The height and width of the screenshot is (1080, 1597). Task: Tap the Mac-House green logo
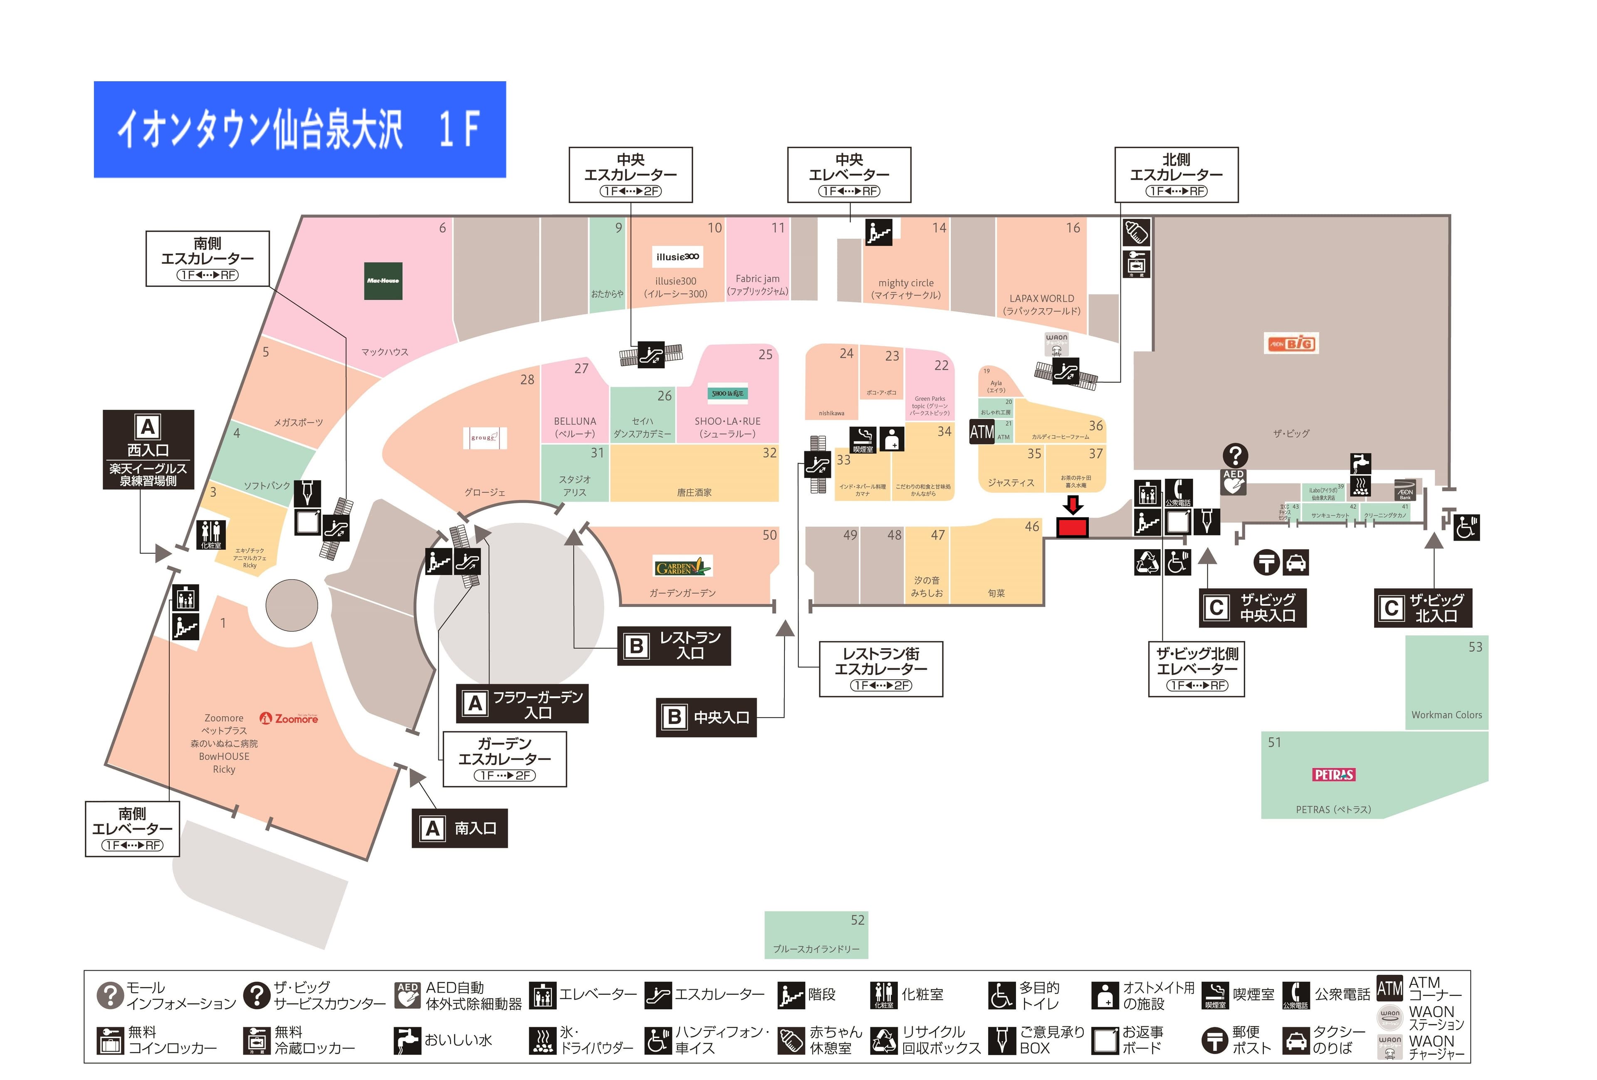point(383,280)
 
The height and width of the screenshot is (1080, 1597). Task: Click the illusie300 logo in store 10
point(677,257)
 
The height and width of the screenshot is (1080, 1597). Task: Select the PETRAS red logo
point(1333,775)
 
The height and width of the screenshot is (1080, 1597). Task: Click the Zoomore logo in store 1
point(289,718)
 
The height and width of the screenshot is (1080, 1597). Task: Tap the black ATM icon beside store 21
point(981,432)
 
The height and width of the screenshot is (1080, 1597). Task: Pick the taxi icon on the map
point(1295,562)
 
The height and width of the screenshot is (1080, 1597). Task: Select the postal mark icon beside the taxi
point(1266,562)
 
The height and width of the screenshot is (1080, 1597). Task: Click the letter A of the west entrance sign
point(148,427)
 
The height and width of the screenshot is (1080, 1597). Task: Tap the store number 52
point(858,920)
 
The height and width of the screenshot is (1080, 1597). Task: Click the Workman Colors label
point(1446,715)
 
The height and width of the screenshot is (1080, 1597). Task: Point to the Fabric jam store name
point(757,278)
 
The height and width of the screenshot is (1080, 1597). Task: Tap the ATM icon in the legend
point(1389,988)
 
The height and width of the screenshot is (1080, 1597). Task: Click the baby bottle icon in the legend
point(791,1040)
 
